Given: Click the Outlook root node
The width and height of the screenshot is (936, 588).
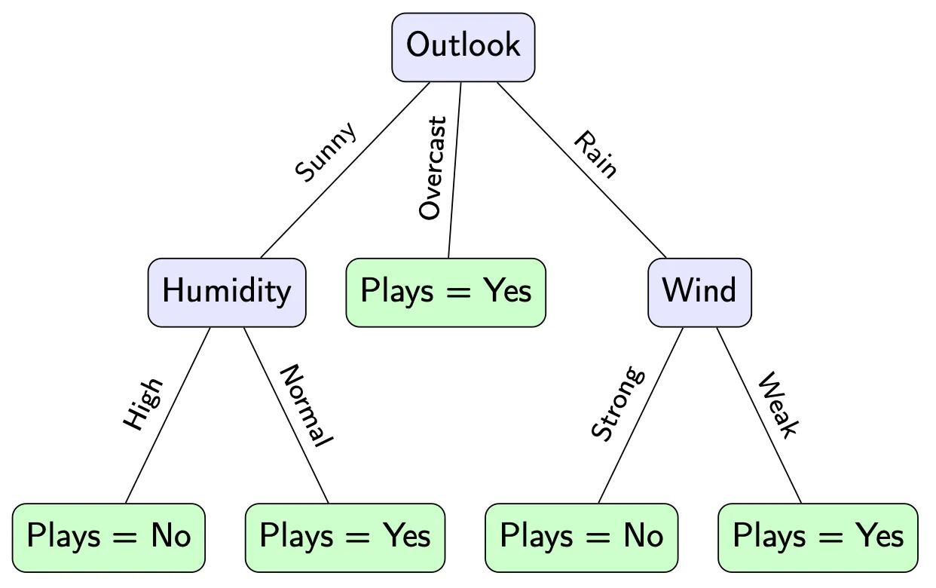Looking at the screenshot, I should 463,46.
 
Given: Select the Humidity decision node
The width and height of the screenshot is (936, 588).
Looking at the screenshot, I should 226,292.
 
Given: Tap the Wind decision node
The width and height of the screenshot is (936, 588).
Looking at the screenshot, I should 699,292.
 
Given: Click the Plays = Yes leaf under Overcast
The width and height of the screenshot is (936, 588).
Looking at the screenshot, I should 445,292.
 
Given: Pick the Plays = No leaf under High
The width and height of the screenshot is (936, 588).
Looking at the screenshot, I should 109,537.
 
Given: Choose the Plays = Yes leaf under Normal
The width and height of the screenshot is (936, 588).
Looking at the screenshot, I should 344,537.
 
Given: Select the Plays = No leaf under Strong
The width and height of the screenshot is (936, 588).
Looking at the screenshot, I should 581,537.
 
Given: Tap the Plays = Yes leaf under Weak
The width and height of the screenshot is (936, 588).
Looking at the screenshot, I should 818,537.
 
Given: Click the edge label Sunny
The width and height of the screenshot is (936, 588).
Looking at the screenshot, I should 326,152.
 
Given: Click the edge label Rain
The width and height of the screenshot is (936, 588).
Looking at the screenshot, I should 595,155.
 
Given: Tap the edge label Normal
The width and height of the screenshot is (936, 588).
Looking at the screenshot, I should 306,406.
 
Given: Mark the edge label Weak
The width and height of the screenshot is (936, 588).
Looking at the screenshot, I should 778,405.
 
